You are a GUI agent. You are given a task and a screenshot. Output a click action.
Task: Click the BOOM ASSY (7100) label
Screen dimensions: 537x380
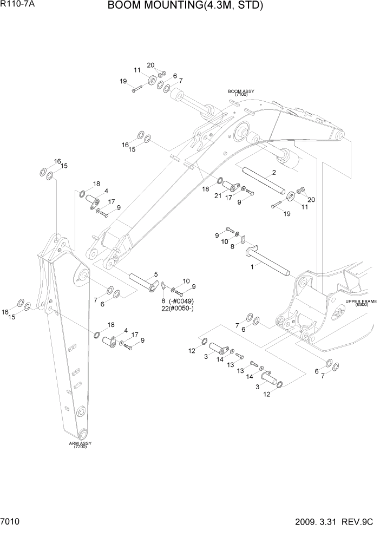click(x=241, y=93)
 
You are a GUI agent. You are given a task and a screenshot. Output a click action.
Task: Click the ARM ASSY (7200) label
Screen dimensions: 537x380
click(x=80, y=445)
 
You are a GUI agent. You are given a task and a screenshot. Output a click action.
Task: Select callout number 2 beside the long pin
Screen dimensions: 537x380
click(x=274, y=173)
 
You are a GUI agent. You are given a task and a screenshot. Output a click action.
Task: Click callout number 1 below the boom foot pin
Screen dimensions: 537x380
click(x=252, y=267)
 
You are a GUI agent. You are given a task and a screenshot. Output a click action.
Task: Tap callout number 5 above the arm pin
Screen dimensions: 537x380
click(x=156, y=274)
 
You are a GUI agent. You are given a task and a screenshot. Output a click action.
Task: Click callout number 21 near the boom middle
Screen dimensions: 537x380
click(x=217, y=195)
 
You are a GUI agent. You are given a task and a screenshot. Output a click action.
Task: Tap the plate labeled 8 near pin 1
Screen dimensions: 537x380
click(x=244, y=240)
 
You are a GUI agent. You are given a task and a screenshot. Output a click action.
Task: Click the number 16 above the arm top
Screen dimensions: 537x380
click(x=57, y=161)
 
